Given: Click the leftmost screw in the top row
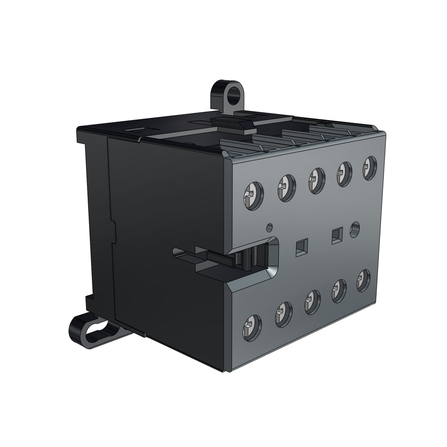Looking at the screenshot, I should (253, 195).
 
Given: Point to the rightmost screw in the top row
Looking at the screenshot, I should (370, 168).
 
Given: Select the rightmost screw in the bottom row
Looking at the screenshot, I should (363, 280).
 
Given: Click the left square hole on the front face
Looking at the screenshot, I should (302, 247).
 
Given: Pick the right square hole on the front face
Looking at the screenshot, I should (337, 235).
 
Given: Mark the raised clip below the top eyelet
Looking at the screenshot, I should (231, 122).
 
